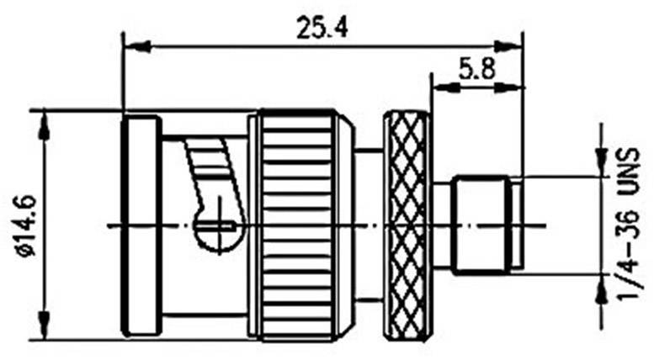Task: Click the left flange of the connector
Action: pos(141,225)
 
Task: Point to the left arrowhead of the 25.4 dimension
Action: pos(135,46)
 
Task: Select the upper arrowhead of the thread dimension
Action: pos(602,162)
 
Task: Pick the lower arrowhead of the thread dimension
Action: pos(602,289)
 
